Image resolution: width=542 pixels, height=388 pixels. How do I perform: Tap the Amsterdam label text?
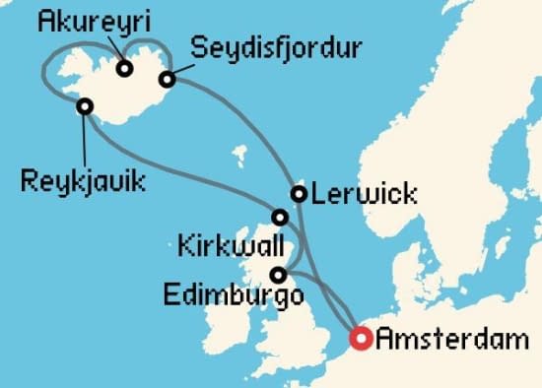(452, 342)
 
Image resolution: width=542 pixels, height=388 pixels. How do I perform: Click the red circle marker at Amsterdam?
(362, 340)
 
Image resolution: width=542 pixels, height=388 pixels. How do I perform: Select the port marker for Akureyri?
(125, 68)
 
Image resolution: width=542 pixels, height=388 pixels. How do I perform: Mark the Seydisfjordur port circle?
(168, 79)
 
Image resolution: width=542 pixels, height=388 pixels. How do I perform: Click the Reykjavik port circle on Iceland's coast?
(85, 105)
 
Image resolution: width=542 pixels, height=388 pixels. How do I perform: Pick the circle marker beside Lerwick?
(298, 194)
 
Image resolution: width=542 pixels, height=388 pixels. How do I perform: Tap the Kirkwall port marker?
(280, 218)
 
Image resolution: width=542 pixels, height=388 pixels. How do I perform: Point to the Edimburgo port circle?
(280, 275)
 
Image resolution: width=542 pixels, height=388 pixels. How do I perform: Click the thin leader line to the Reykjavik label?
(87, 138)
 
